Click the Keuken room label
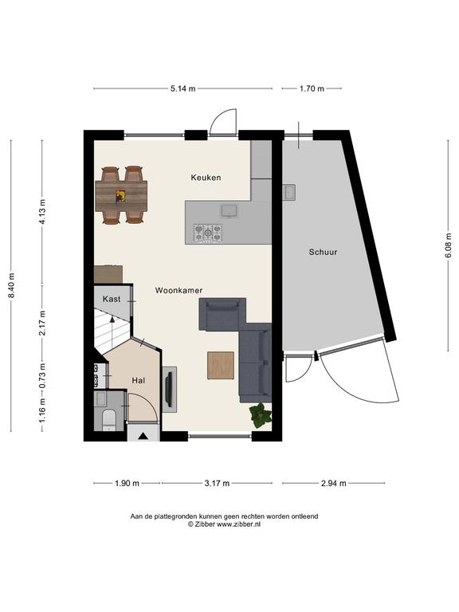pyautogui.click(x=206, y=178)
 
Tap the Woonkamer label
pyautogui.click(x=178, y=290)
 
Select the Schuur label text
pyautogui.click(x=324, y=252)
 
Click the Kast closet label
pyautogui.click(x=112, y=299)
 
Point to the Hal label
pyautogui.click(x=138, y=380)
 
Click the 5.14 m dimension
pyautogui.click(x=182, y=88)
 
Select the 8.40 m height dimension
pyautogui.click(x=11, y=285)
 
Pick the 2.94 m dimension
pyautogui.click(x=333, y=483)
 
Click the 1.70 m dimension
pyautogui.click(x=312, y=88)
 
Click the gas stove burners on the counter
pyautogui.click(x=208, y=233)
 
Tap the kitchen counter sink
pyautogui.click(x=229, y=210)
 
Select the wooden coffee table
pyautogui.click(x=221, y=365)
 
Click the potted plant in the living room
pyautogui.click(x=261, y=416)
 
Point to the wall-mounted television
pyautogui.click(x=169, y=389)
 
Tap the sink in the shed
pyautogui.click(x=289, y=192)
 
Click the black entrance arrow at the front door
pyautogui.click(x=143, y=437)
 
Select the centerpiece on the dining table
pyautogui.click(x=120, y=196)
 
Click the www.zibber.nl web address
pyautogui.click(x=238, y=524)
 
